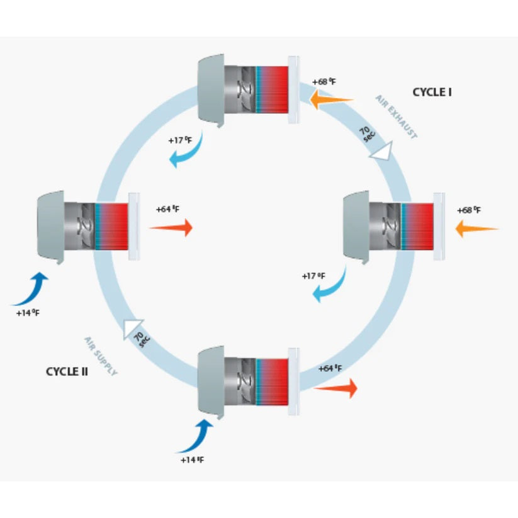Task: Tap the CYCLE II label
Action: pos(67,371)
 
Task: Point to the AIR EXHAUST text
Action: pos(397,117)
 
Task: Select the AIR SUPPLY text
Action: pos(101,356)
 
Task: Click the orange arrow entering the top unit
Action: pos(332,98)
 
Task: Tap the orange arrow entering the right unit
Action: pos(476,228)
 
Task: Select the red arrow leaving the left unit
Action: pos(171,228)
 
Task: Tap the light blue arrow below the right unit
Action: pos(331,283)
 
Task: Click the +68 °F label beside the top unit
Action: pos(325,82)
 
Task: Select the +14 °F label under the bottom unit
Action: pos(192,460)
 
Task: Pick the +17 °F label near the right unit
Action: pos(313,276)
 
